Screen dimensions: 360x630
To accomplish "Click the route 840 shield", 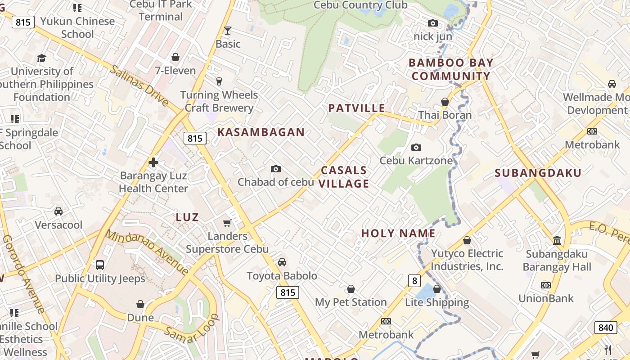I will pyautogui.click(x=606, y=327).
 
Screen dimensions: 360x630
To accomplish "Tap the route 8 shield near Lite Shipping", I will pyautogui.click(x=414, y=281).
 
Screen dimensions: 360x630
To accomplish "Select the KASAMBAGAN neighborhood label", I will pyautogui.click(x=261, y=132).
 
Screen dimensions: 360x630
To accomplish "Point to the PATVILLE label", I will pyautogui.click(x=356, y=108).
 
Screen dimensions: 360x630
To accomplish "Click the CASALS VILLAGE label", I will pyautogui.click(x=344, y=177).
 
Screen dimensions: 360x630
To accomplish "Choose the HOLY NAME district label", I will pyautogui.click(x=398, y=233).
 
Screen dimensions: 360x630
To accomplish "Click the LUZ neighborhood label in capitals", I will pyautogui.click(x=187, y=217).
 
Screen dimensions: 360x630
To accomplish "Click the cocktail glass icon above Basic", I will pyautogui.click(x=228, y=31).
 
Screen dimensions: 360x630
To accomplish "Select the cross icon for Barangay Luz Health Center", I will pyautogui.click(x=153, y=162).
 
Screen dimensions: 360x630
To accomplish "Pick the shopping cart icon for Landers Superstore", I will pyautogui.click(x=227, y=223).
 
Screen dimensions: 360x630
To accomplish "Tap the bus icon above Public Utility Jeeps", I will pyautogui.click(x=100, y=265).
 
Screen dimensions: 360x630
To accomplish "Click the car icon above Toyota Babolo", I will pyautogui.click(x=282, y=262).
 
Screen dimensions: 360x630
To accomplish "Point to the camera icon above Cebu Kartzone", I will pyautogui.click(x=416, y=147).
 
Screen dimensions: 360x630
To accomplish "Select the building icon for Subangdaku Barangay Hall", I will pyautogui.click(x=557, y=240).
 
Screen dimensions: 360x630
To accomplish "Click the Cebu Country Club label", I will pyautogui.click(x=360, y=5).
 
